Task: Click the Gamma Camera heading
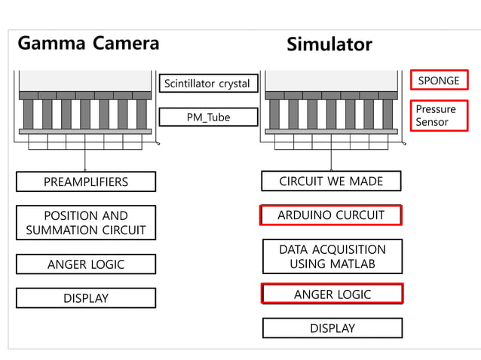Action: pos(88,43)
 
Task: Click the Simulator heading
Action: pos(329,44)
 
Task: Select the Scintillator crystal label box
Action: pos(208,84)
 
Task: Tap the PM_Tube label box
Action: pos(208,117)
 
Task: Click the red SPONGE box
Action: pos(438,80)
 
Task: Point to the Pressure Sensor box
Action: pos(438,115)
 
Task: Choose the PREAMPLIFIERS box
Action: pos(85,182)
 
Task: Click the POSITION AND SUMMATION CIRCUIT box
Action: pos(85,222)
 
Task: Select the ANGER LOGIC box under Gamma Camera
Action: pos(85,264)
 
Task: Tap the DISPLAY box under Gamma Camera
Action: pos(85,298)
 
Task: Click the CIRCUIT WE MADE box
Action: pos(331,181)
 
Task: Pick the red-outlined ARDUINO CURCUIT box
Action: pos(331,215)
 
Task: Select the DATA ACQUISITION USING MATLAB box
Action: pos(332,256)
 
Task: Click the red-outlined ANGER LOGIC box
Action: pos(332,294)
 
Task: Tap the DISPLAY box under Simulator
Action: pos(332,328)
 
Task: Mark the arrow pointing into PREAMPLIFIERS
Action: pos(84,166)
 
